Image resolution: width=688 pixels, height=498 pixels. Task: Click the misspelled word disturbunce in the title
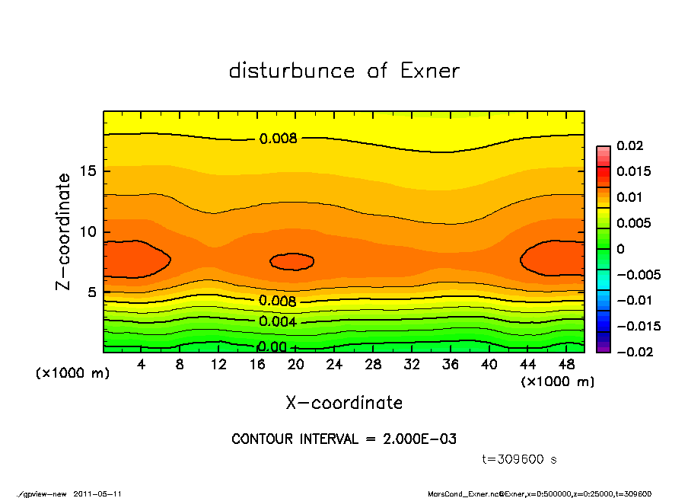291,72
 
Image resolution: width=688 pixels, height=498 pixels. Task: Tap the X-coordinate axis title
344,403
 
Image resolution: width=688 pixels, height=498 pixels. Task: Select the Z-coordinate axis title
64,231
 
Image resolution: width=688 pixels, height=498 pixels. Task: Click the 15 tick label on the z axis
88,171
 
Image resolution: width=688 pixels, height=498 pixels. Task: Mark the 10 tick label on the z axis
88,231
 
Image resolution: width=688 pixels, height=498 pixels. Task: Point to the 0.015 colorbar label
635,171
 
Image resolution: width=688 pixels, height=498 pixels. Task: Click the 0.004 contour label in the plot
278,321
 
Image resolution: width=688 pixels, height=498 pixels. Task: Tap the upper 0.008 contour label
278,139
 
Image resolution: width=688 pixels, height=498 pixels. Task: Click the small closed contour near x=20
292,261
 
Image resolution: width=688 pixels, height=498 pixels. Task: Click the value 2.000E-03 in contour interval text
418,439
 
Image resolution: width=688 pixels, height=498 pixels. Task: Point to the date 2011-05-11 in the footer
97,493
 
